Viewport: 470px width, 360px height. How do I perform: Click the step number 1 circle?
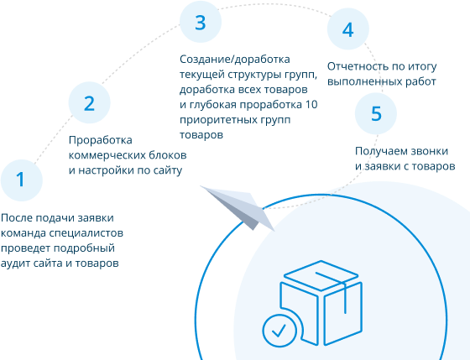22,180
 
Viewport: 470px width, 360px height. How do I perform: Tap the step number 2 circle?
89,102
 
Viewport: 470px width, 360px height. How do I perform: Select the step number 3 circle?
201,22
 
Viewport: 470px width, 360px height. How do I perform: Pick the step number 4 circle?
348,29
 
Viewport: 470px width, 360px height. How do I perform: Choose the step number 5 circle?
376,113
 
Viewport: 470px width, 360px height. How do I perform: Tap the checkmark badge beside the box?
279,331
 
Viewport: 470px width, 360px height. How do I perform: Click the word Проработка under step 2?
101,140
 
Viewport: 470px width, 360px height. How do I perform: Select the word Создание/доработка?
235,60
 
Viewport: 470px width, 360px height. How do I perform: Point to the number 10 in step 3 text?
311,105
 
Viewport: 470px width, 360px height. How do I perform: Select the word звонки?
429,151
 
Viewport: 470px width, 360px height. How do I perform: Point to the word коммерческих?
107,155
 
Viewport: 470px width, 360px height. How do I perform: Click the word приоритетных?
217,120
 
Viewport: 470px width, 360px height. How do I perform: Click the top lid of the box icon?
321,275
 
